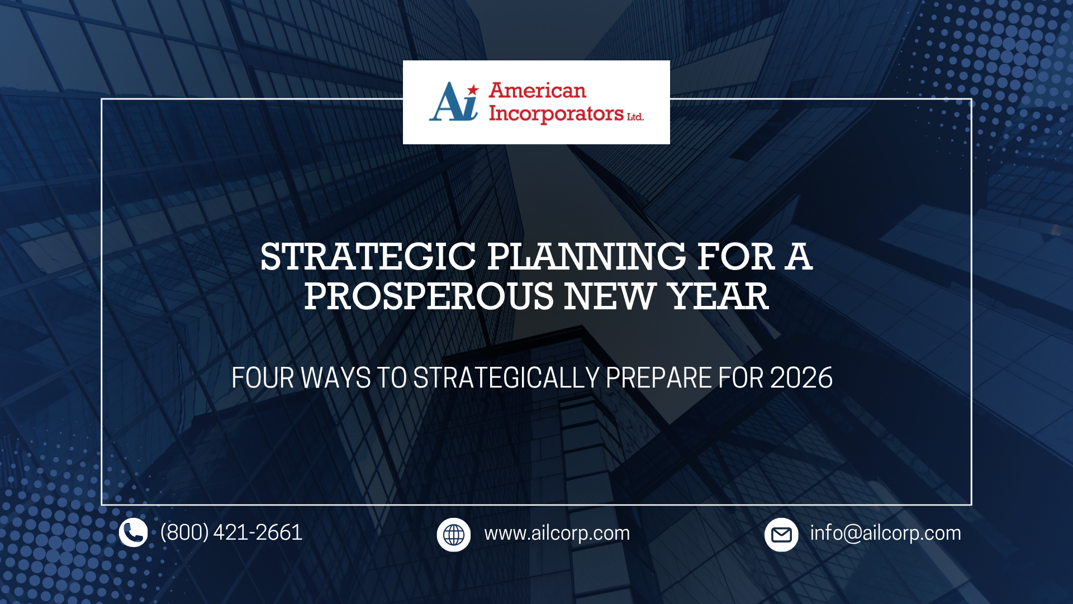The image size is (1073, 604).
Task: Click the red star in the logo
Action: click(x=473, y=89)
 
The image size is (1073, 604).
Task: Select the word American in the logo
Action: click(x=537, y=91)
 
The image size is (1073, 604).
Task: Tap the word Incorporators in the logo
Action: click(x=556, y=114)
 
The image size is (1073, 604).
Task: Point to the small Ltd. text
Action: click(x=635, y=117)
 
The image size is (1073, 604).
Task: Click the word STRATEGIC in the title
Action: click(x=368, y=257)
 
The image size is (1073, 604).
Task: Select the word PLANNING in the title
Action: click(x=586, y=257)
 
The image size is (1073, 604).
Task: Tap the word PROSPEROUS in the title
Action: click(x=429, y=296)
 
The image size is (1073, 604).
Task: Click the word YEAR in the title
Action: click(x=719, y=296)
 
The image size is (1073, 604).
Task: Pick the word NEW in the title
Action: click(x=609, y=296)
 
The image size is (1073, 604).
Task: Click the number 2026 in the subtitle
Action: click(x=801, y=378)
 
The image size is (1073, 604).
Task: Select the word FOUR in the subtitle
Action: click(x=263, y=378)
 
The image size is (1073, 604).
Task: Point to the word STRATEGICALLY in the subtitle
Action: click(x=506, y=378)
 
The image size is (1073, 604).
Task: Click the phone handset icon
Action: click(x=133, y=532)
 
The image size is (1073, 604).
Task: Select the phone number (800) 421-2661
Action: click(x=231, y=532)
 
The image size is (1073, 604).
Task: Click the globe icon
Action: click(x=453, y=535)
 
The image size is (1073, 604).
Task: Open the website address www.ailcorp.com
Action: click(x=557, y=534)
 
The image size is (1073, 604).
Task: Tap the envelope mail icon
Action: click(x=781, y=535)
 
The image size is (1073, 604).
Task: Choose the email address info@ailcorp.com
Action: click(x=885, y=534)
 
